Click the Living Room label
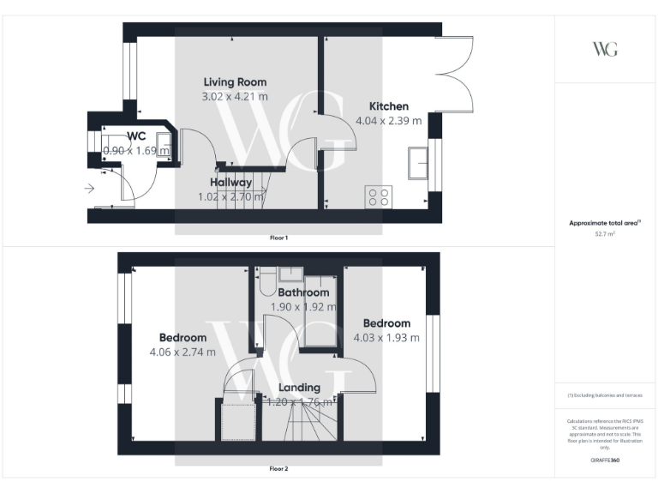tap(234, 81)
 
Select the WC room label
tap(136, 136)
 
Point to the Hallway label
tap(230, 182)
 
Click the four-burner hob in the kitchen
tap(378, 197)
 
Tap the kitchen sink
tap(420, 162)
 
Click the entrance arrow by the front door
tap(90, 190)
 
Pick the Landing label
tap(299, 388)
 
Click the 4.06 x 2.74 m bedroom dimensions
tap(182, 352)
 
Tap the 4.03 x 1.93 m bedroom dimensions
tap(386, 338)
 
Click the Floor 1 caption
tap(279, 238)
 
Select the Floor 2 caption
tap(279, 469)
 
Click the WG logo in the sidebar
tap(605, 49)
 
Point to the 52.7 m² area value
tap(605, 233)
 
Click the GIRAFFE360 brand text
tap(605, 461)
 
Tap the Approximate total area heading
tap(605, 223)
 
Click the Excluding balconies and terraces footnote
tap(605, 395)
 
